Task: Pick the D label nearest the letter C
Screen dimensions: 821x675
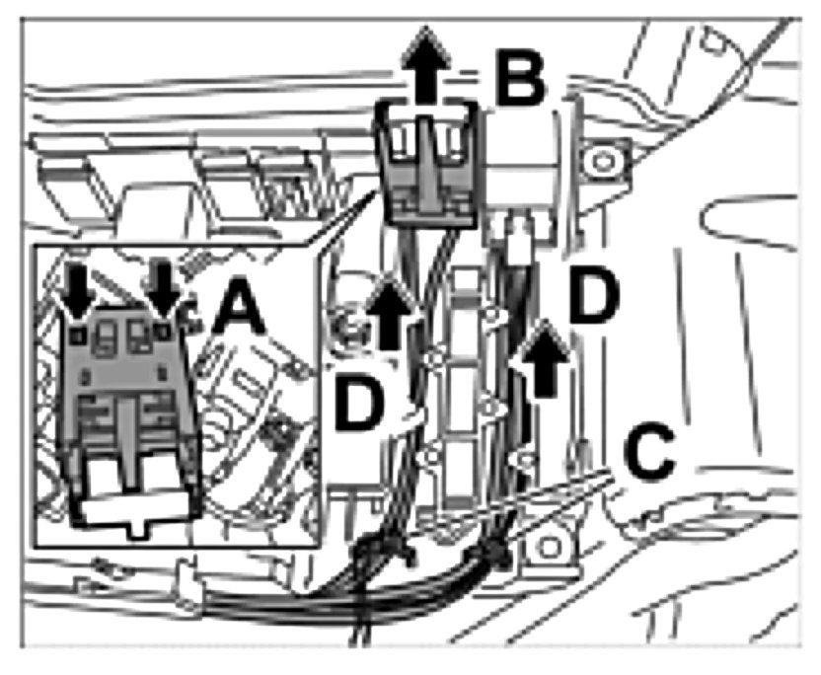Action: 594,295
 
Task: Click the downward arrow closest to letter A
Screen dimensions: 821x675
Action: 164,289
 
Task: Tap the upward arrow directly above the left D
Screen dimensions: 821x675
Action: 389,314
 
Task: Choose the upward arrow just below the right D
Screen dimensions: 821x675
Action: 545,358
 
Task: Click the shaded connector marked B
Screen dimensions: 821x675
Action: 426,164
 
